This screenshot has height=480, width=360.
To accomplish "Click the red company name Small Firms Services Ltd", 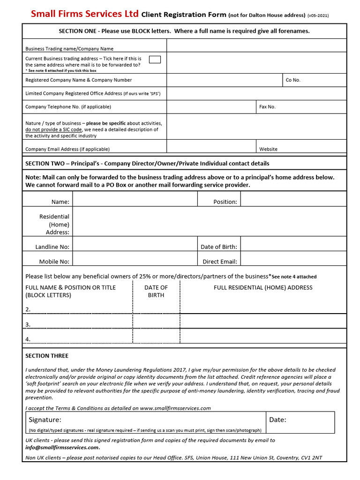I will [84, 14].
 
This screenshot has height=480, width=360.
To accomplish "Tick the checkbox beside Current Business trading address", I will [154, 59].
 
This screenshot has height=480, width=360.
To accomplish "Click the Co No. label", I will [293, 80].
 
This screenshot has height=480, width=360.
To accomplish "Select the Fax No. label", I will [267, 107].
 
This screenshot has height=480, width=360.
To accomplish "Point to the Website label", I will [268, 149].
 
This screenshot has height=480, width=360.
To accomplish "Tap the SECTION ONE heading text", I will [184, 31].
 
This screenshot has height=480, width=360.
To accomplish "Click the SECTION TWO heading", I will [147, 164].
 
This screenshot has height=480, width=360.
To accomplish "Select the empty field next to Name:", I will [135, 202].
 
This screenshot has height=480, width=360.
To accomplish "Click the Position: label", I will [225, 202].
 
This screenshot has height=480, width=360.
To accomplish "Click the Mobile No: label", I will [54, 262].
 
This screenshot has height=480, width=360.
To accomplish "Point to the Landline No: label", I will [52, 247].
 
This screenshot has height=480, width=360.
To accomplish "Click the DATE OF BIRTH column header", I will [156, 291].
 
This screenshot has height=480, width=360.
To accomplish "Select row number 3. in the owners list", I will [28, 324].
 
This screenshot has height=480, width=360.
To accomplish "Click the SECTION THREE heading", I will [47, 356].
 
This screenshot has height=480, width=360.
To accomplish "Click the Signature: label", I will [45, 420].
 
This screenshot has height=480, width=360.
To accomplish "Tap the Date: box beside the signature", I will [300, 422].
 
